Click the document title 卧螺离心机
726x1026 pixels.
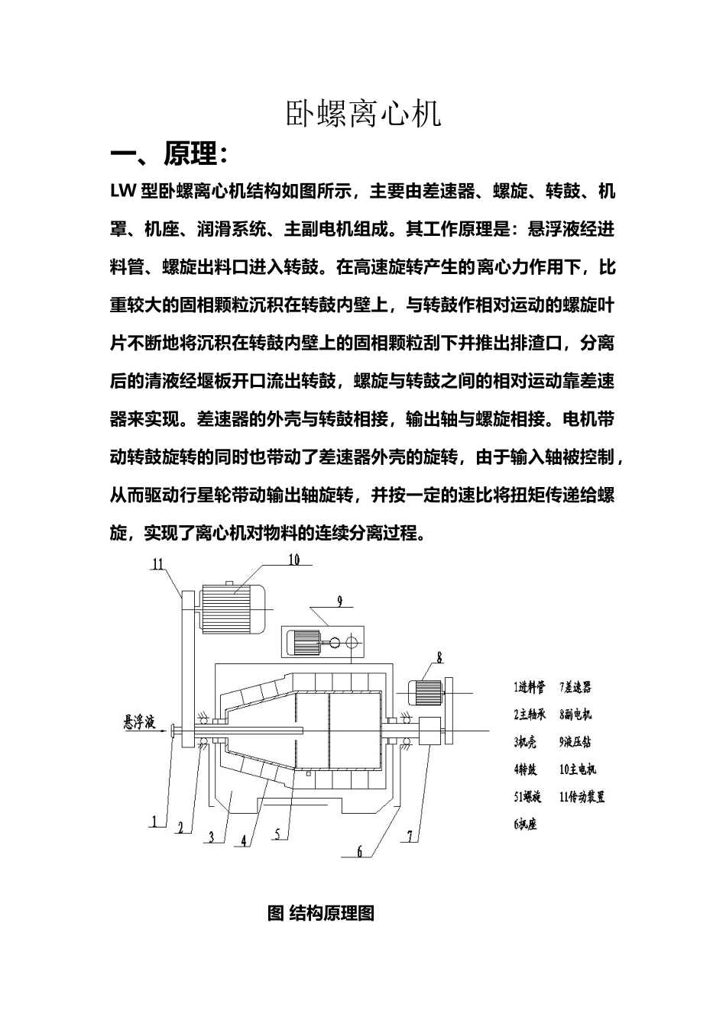(x=363, y=114)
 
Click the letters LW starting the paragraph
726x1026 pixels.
(x=123, y=192)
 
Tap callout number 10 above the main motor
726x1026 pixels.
(x=294, y=560)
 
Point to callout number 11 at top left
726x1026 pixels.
(x=157, y=565)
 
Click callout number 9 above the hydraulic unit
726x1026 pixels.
(x=341, y=601)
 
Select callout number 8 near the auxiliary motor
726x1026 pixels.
(x=440, y=657)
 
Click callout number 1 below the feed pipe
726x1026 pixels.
(x=154, y=821)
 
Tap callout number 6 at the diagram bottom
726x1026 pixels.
(x=360, y=852)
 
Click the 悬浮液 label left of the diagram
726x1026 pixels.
(x=139, y=721)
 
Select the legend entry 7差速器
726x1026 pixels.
(x=575, y=687)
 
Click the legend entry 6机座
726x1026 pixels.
(x=525, y=824)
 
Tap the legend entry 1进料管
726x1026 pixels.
(x=530, y=687)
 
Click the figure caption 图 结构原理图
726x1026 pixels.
(x=321, y=913)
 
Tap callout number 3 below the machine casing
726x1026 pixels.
(x=211, y=837)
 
